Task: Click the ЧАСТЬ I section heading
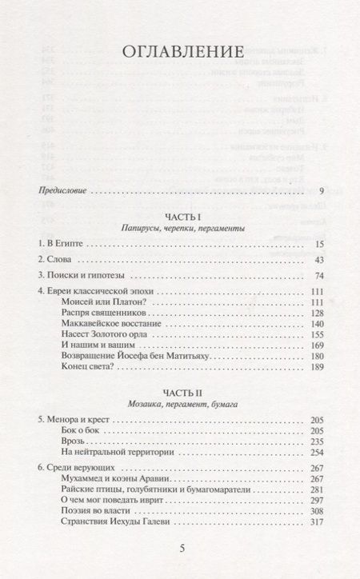coord(179,216)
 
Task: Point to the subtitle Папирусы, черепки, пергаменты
coord(179,229)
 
